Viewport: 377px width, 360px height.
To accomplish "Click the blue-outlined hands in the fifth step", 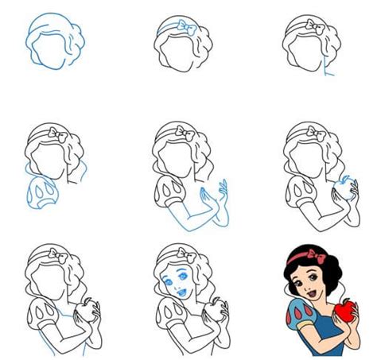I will tap(214, 199).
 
